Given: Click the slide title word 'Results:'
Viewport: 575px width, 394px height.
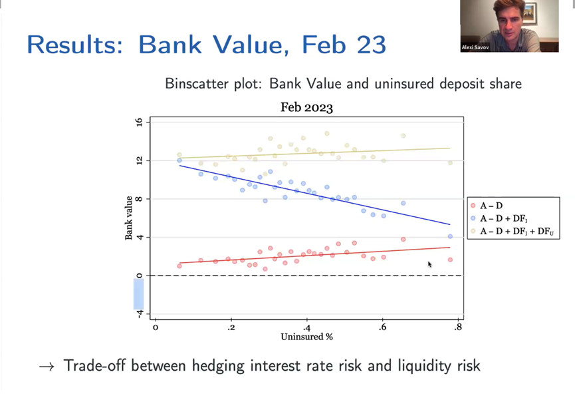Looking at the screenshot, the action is pos(75,45).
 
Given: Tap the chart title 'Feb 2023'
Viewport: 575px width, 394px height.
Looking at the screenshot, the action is pos(307,108).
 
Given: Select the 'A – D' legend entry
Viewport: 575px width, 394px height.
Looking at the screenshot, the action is pos(486,206).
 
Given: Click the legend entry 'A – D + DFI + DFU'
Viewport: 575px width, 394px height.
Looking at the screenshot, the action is pos(513,232).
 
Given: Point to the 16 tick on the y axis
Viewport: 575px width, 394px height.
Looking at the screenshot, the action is pos(139,122).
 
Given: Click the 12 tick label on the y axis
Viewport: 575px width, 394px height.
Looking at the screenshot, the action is pos(139,160).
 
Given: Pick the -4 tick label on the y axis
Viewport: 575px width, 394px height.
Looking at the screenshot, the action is pos(139,313).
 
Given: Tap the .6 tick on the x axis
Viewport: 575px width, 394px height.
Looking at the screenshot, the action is pos(382,327).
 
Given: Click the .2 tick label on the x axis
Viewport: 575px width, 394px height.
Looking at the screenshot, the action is pos(231,327).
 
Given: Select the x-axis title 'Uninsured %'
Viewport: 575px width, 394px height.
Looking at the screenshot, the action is pos(307,337).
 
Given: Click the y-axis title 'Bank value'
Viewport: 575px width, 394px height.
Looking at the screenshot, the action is pos(128,218).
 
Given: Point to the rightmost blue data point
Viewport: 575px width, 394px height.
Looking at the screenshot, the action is pos(450,236).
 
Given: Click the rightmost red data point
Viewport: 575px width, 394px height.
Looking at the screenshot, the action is pos(450,260).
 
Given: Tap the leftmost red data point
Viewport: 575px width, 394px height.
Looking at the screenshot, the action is pos(179,266).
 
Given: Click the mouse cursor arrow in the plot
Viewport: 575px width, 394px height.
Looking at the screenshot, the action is pos(430,264).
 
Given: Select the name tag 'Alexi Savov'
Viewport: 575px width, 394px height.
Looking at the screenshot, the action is pos(475,47).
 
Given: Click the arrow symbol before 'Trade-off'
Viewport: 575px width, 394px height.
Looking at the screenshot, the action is pos(47,367).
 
